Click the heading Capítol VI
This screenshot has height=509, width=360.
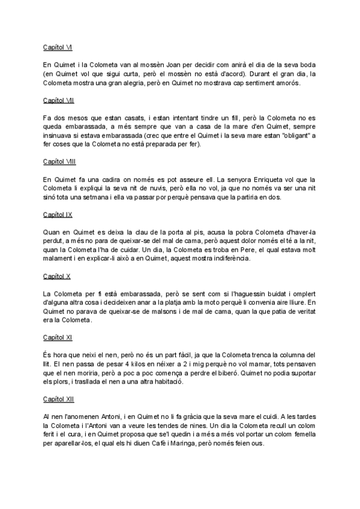pos(58,46)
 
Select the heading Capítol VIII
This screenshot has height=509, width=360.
pos(59,162)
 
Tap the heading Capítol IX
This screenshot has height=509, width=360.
pos(58,214)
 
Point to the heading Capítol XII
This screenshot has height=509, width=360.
pos(59,399)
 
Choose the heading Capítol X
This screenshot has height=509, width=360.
pos(57,277)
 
